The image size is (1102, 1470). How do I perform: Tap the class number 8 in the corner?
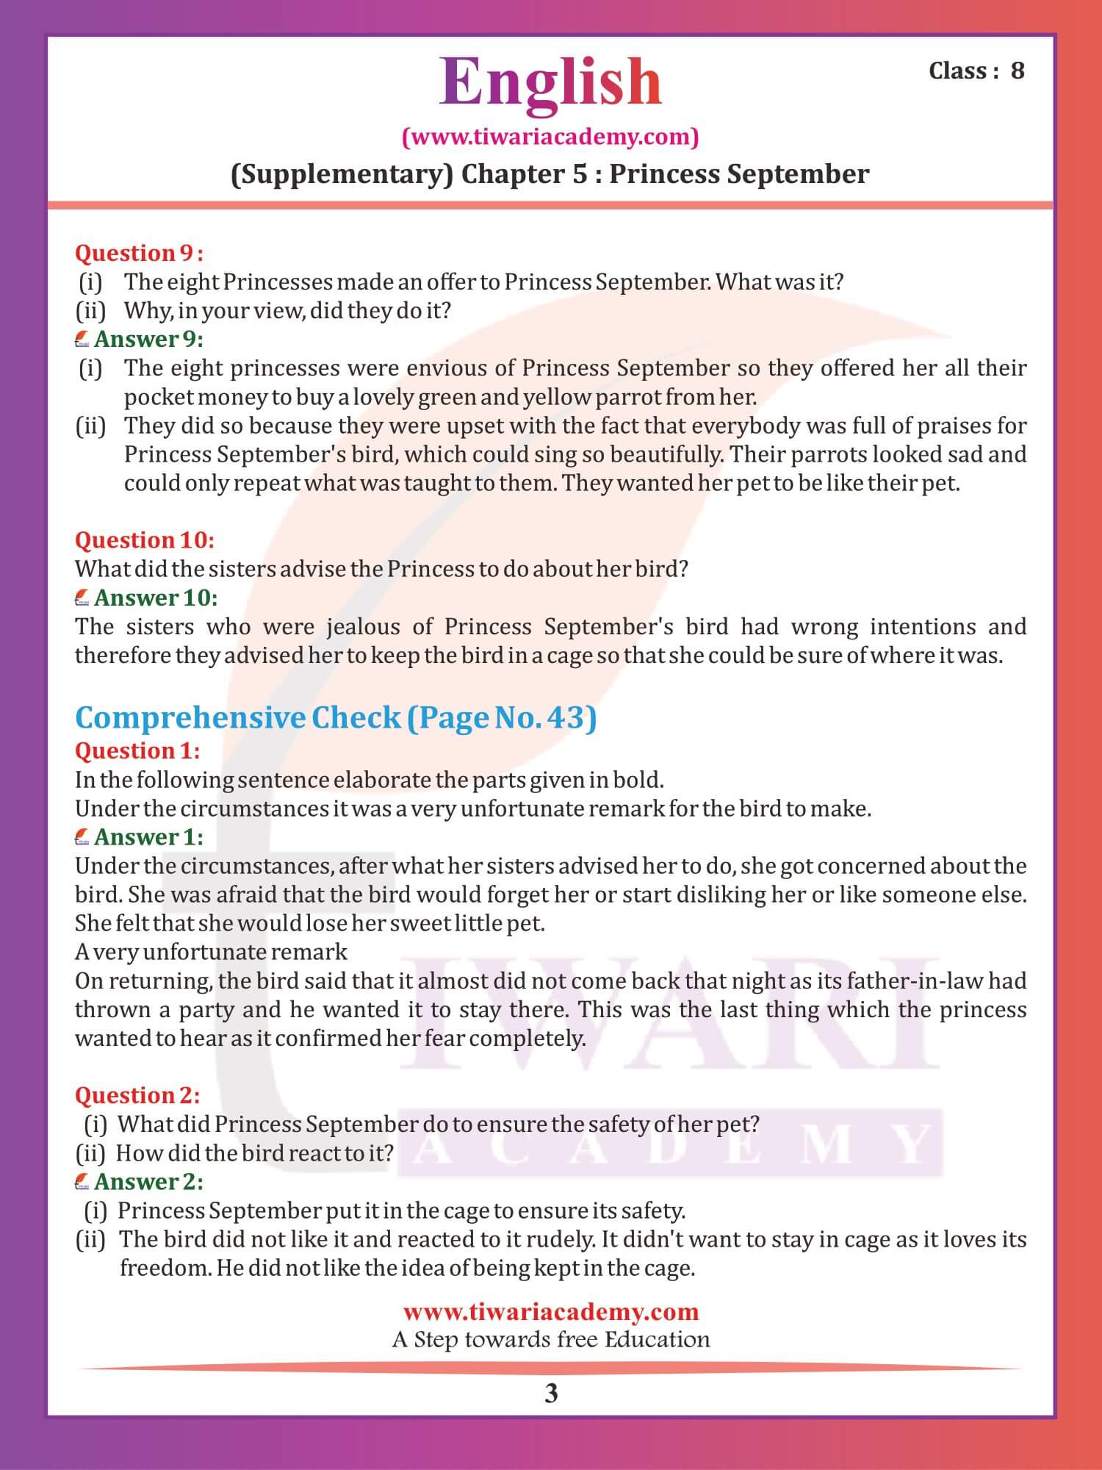(x=1017, y=71)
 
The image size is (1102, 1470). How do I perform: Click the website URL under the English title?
(x=550, y=137)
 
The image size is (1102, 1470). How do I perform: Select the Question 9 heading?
(x=139, y=253)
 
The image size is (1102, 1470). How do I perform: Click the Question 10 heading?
(x=145, y=540)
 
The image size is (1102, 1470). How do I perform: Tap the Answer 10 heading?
(x=155, y=598)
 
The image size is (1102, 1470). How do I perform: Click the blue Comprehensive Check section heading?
(x=336, y=717)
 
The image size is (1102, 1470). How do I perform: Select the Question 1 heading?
(x=137, y=750)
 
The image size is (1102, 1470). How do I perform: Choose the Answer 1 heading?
(x=148, y=837)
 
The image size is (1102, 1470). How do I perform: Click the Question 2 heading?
(x=137, y=1095)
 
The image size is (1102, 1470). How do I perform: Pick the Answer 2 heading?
(x=148, y=1182)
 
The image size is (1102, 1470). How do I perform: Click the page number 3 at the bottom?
(x=551, y=1394)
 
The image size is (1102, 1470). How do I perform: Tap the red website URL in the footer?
(x=551, y=1312)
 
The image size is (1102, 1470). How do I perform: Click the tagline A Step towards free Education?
(x=551, y=1339)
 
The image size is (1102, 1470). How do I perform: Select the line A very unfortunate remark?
(x=211, y=953)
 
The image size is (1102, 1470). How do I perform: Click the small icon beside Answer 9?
(x=82, y=340)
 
